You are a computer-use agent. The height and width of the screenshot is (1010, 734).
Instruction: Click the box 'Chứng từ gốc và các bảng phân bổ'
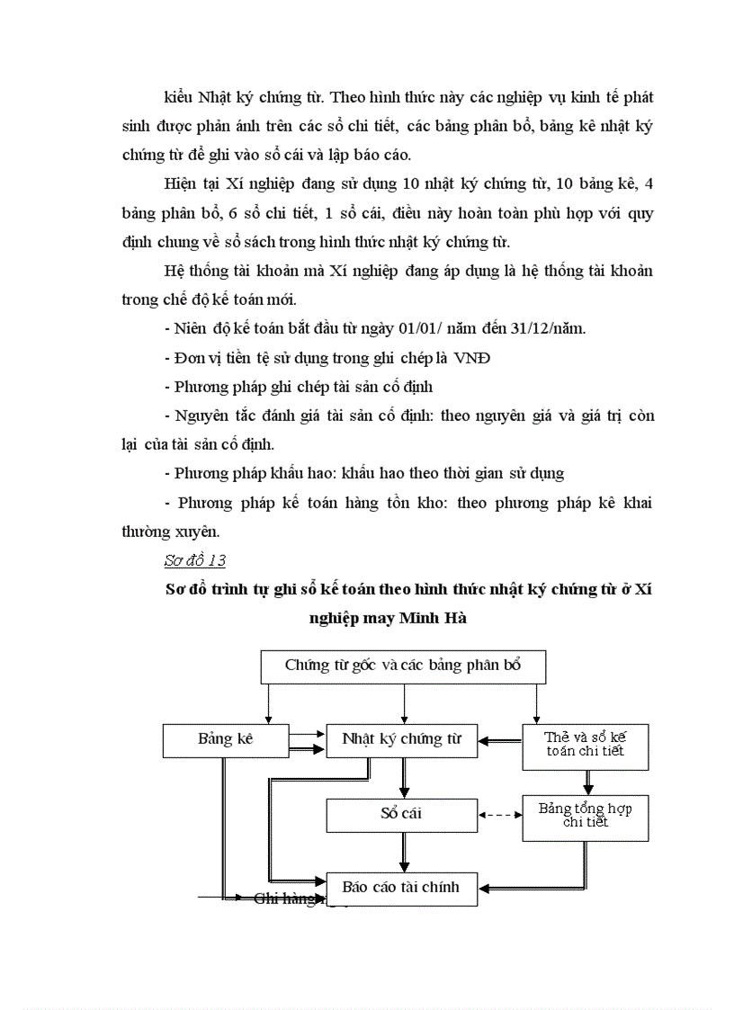(x=403, y=666)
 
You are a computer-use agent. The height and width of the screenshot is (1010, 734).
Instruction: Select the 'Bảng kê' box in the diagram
(x=226, y=739)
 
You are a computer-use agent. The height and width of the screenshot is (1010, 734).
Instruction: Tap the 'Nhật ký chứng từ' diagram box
(x=401, y=739)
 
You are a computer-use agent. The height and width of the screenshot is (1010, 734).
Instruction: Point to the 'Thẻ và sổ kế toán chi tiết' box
(x=585, y=745)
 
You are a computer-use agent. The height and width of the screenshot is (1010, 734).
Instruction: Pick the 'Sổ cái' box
(x=400, y=814)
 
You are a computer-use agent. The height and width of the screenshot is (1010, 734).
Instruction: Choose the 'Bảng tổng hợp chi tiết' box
(x=585, y=816)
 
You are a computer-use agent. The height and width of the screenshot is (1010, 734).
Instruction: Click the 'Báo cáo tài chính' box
(x=401, y=887)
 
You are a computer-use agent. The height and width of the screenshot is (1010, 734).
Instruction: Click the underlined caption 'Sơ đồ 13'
(x=195, y=560)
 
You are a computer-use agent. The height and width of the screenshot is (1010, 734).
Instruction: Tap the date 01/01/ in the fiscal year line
(x=461, y=327)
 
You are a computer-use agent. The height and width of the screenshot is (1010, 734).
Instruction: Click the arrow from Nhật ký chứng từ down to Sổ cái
(x=404, y=776)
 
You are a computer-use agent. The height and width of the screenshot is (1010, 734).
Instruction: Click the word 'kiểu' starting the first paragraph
(x=179, y=96)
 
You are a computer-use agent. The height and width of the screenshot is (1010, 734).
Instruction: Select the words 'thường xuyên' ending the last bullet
(x=165, y=532)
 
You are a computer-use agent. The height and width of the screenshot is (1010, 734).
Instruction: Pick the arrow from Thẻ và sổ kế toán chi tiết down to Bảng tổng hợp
(x=587, y=782)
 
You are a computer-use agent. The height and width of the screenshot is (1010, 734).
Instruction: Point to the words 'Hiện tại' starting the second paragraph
(x=191, y=183)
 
